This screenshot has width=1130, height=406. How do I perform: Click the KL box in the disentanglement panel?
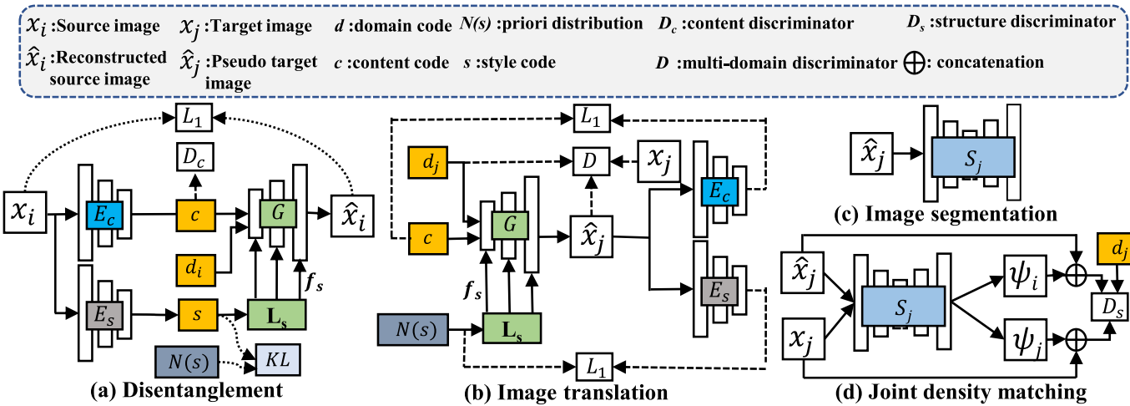(x=278, y=362)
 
